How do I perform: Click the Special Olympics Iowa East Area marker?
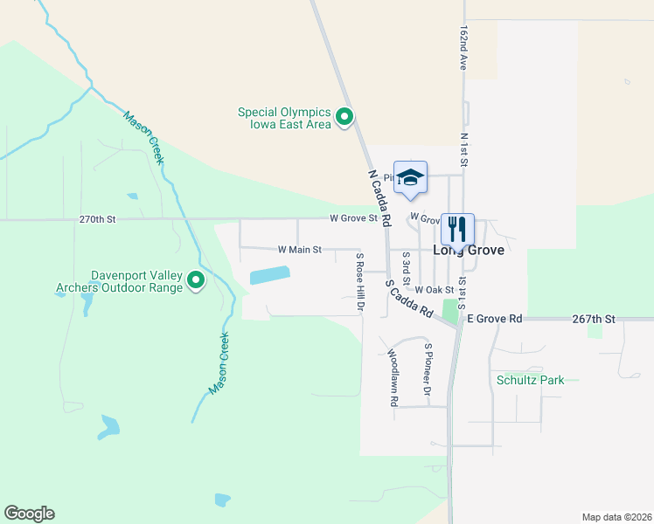(x=344, y=116)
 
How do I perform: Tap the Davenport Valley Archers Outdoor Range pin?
(x=196, y=280)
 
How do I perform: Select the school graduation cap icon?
(x=410, y=178)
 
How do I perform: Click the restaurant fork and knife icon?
(x=457, y=230)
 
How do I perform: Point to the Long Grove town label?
(x=469, y=250)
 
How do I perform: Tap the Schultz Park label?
(x=530, y=380)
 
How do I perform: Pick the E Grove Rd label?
(x=494, y=320)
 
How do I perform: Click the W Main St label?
(x=300, y=250)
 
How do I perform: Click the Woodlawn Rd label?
(x=393, y=377)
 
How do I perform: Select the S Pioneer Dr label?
(x=428, y=369)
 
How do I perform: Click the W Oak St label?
(x=435, y=290)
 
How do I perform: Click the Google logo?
(x=29, y=514)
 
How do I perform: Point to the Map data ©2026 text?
(x=616, y=516)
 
